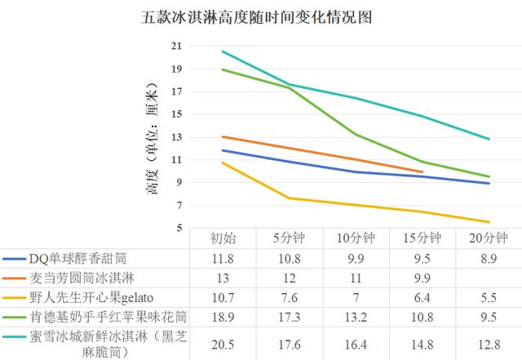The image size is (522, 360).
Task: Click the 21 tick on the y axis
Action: pyautogui.click(x=177, y=47)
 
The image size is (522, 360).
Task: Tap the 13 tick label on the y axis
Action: pyautogui.click(x=177, y=137)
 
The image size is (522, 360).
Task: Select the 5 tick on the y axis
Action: pyautogui.click(x=177, y=228)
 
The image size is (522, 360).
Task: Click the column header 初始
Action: pyautogui.click(x=223, y=238)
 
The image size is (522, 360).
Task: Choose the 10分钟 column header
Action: pyautogui.click(x=356, y=238)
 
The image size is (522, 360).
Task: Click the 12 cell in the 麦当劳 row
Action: pyautogui.click(x=290, y=278)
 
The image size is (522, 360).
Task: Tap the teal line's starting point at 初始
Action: pyautogui.click(x=223, y=51)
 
